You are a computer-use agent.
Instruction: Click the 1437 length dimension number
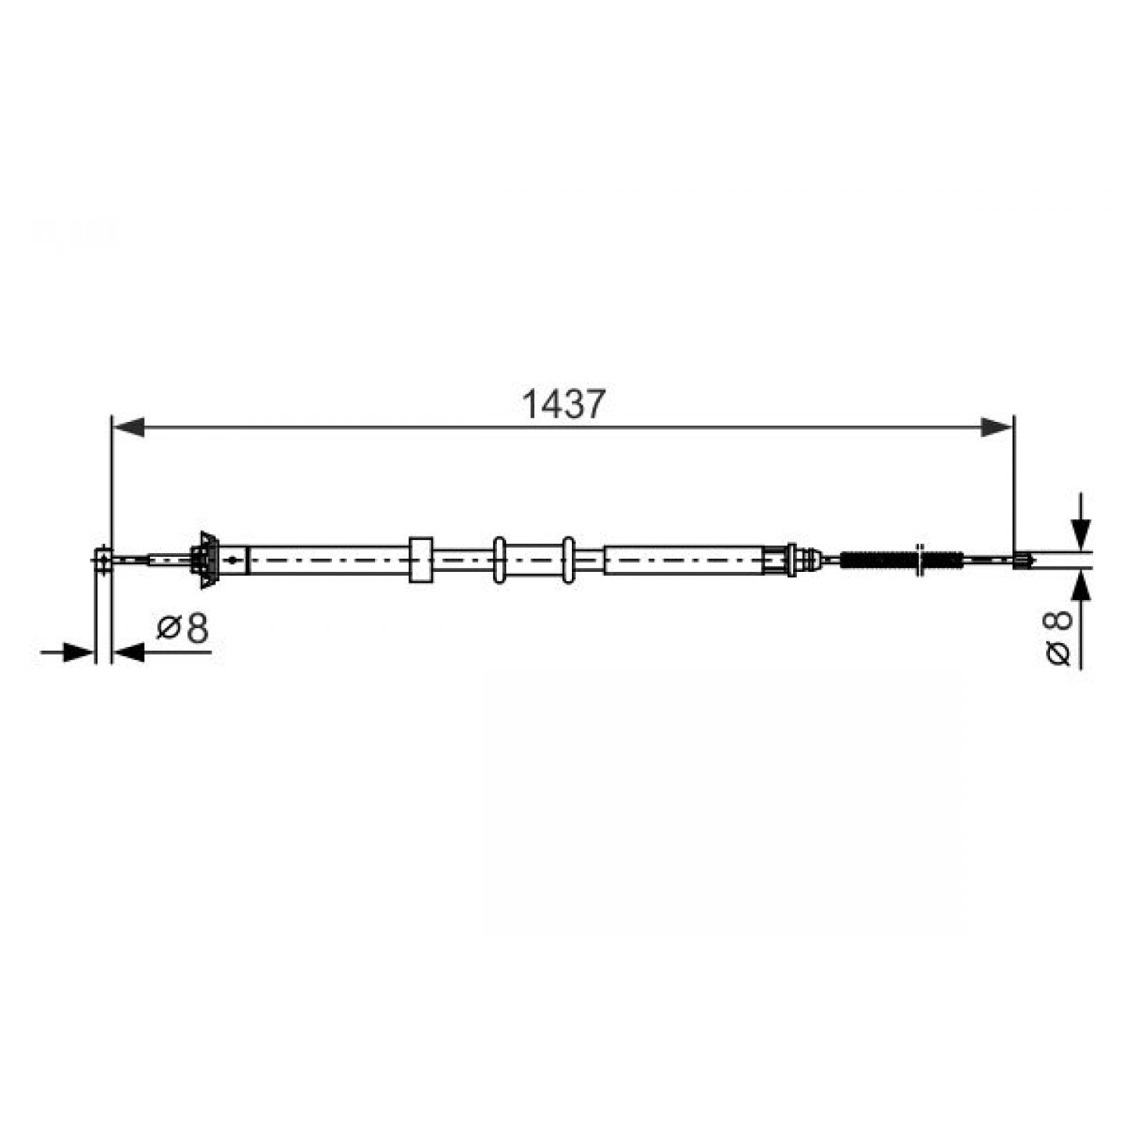click(563, 404)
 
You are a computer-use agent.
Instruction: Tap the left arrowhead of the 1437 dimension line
click(128, 427)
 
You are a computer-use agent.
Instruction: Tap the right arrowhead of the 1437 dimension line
click(996, 427)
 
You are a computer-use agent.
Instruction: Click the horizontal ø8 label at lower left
click(183, 628)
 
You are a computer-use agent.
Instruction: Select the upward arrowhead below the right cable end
click(1081, 586)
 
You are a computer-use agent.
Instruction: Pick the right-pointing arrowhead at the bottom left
click(78, 652)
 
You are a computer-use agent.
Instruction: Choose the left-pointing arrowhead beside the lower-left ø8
click(128, 652)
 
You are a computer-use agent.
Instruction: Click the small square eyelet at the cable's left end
click(103, 560)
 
